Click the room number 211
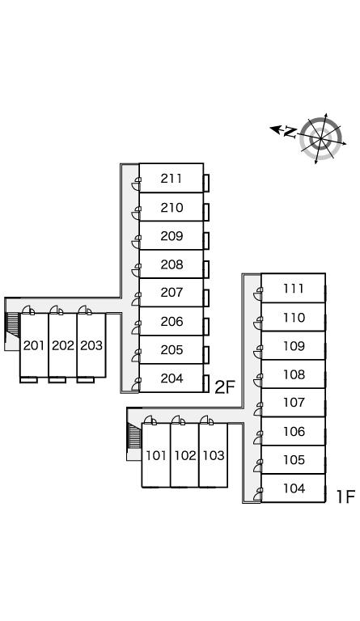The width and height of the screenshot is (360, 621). tap(172, 179)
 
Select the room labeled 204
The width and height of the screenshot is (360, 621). tap(172, 378)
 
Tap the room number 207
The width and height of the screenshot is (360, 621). tap(172, 292)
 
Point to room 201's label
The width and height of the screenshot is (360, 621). tap(34, 345)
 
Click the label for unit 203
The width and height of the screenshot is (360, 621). tap(91, 345)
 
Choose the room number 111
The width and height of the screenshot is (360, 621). tap(294, 289)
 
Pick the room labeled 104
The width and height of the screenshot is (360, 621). tap(294, 488)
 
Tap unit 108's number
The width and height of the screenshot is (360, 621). tap(294, 374)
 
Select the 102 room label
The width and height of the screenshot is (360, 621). tap(185, 455)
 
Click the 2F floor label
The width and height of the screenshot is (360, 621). tap(225, 387)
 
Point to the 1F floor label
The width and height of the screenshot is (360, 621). tap(345, 496)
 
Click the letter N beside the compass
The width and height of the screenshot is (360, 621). tap(290, 132)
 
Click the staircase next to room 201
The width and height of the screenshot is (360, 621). tap(13, 325)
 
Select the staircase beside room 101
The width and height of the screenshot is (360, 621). tap(135, 436)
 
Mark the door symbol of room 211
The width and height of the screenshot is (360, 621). tap(136, 184)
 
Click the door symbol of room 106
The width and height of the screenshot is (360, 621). tap(258, 437)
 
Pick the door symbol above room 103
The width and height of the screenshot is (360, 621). tap(206, 420)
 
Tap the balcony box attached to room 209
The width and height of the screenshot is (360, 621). tap(206, 241)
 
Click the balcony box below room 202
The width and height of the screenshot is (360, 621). tap(57, 380)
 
